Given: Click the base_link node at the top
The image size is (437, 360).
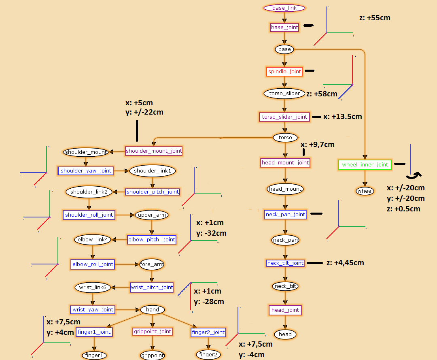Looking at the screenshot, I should click(284, 8).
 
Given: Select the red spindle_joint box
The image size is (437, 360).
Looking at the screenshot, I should click(284, 72).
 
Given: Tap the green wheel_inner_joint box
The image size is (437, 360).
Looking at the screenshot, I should click(365, 165).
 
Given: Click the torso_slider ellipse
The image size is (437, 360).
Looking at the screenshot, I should click(284, 94).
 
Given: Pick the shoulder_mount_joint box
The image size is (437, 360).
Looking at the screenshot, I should click(154, 151).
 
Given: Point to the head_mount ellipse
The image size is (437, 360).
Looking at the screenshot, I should click(285, 189).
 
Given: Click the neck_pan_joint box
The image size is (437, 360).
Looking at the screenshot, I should click(285, 214).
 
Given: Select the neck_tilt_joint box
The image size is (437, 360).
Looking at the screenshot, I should click(285, 263).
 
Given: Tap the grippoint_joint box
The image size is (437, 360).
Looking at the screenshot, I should click(153, 332).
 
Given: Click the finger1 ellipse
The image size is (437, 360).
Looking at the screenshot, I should click(94, 356).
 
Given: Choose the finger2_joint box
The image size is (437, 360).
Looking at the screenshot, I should click(208, 332).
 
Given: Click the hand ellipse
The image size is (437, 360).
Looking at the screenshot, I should click(153, 310).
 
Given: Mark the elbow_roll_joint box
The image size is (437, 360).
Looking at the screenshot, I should click(93, 264).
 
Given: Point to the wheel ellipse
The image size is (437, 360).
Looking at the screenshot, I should click(365, 191).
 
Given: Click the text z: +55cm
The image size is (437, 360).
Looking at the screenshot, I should click(375, 18).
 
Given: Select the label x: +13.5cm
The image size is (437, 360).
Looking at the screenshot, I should click(342, 117).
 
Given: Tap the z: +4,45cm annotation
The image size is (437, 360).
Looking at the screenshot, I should click(345, 263).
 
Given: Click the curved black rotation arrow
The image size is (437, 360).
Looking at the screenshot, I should click(414, 175).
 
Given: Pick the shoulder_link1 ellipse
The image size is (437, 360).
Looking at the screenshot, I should click(153, 171).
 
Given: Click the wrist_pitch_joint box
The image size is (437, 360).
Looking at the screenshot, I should click(152, 288).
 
